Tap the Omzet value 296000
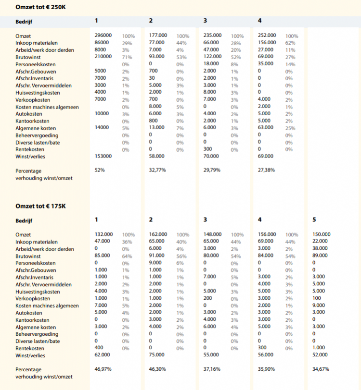tap(103, 35)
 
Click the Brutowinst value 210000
tap(103, 56)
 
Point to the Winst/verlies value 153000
tap(103, 156)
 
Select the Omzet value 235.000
tap(213, 35)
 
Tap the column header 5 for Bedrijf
tap(314, 220)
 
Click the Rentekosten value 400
tap(99, 348)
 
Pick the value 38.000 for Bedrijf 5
tap(320, 248)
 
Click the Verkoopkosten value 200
tap(208, 298)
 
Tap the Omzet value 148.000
tap(213, 234)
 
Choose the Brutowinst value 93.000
tap(157, 56)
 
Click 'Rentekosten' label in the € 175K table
tap(30, 348)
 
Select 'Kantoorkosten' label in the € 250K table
tap(32, 121)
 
